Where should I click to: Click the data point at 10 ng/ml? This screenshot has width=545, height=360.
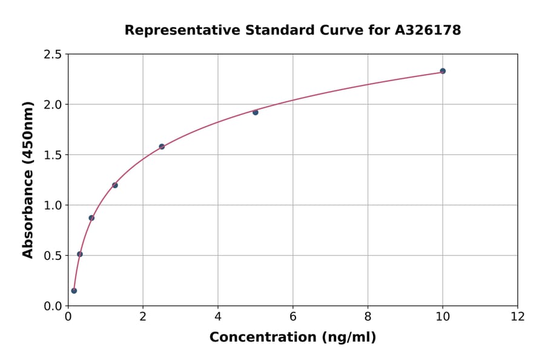click(x=443, y=71)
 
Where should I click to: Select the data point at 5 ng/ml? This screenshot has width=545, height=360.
click(x=256, y=112)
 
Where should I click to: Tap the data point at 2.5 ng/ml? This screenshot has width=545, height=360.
click(x=162, y=147)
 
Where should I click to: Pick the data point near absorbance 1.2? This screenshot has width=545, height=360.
click(x=115, y=185)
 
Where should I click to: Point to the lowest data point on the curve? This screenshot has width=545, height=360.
click(x=74, y=290)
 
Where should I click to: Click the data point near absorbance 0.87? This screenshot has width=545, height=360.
click(x=91, y=218)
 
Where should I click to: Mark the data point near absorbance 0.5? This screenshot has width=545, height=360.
click(x=80, y=254)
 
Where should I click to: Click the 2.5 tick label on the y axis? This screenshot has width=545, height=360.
click(x=53, y=55)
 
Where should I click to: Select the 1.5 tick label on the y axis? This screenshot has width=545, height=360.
click(x=53, y=155)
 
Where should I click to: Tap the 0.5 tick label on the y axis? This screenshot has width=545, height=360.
click(x=53, y=256)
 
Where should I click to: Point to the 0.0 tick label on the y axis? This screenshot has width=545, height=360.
click(x=53, y=306)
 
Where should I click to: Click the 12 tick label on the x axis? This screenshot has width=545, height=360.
click(x=518, y=316)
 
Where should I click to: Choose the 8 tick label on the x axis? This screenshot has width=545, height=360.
click(x=368, y=316)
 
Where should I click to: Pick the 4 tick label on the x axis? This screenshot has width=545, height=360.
click(x=218, y=316)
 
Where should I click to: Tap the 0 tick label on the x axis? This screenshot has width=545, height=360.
click(x=68, y=316)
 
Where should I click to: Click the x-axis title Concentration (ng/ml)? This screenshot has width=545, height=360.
click(x=292, y=338)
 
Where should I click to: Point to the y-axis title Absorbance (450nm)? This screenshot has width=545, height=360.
click(x=28, y=180)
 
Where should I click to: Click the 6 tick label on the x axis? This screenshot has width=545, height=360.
click(x=293, y=316)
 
